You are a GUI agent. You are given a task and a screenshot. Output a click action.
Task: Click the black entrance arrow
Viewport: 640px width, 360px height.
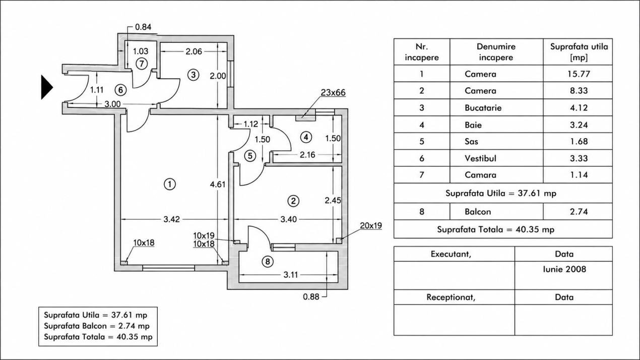[47, 87]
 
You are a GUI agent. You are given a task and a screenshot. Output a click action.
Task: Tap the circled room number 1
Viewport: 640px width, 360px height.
[170, 184]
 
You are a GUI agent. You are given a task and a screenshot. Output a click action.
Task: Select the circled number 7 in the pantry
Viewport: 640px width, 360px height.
[142, 64]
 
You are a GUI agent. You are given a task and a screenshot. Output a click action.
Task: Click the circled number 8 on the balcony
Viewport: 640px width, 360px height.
[268, 262]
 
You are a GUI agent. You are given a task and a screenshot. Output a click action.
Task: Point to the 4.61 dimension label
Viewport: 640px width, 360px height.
[218, 185]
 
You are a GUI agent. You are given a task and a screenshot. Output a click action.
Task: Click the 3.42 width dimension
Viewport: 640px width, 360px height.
[172, 219]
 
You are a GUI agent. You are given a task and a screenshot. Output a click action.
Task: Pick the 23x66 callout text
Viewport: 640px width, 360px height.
[333, 93]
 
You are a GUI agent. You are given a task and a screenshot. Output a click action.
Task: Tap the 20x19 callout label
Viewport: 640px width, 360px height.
[371, 225]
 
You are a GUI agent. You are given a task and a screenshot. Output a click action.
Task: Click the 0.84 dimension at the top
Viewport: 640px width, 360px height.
[143, 27]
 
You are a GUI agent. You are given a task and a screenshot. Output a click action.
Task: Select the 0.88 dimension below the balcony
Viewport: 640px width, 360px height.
[311, 297]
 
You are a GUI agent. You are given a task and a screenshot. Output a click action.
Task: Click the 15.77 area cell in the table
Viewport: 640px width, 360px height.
[579, 74]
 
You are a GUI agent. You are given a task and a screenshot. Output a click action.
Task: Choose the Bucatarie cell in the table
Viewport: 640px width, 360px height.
[483, 108]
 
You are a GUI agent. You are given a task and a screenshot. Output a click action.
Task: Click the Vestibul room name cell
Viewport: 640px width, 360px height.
[481, 158]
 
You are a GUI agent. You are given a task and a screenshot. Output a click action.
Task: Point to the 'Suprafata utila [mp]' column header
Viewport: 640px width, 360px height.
[579, 52]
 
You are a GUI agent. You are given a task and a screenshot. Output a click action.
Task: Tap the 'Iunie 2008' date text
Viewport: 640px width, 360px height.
[564, 269]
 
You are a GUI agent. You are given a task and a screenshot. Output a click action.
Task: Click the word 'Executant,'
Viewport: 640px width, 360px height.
[451, 254]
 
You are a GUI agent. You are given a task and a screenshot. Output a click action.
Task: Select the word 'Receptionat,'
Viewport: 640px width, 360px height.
[451, 297]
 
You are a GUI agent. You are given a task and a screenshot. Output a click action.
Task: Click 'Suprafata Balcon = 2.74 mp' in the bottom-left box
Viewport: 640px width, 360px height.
[97, 326]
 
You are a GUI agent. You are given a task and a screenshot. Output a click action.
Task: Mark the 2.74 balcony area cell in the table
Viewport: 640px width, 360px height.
[579, 212]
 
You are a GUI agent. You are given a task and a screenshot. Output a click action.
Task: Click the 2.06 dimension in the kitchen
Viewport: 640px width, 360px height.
[194, 51]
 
